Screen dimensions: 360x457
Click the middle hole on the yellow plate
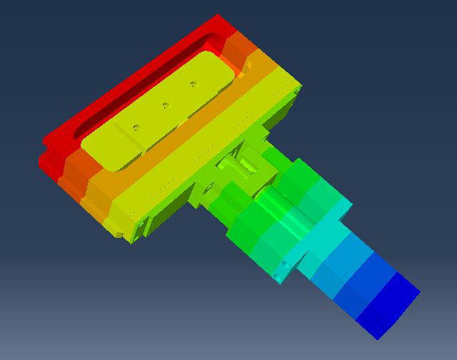165,106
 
